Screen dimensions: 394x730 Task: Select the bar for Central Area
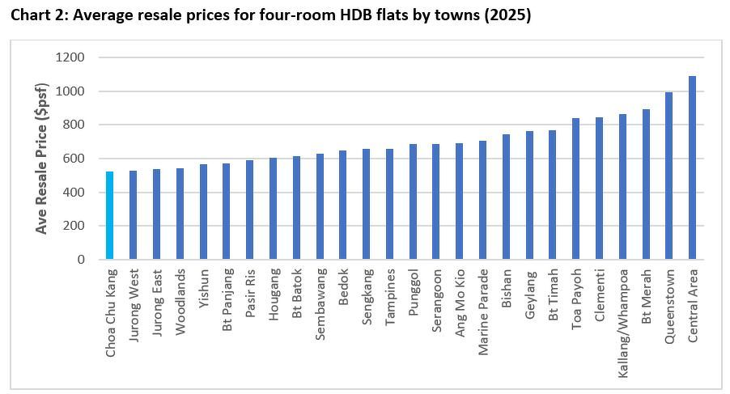[x=693, y=167]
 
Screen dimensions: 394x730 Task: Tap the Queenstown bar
[x=669, y=176]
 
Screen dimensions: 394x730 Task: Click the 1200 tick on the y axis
[x=70, y=57]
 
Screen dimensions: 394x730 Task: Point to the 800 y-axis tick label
[x=74, y=125]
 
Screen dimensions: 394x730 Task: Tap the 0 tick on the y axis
[x=81, y=260]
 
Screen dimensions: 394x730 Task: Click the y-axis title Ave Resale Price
[x=42, y=159]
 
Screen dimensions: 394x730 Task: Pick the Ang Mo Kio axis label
[x=460, y=301]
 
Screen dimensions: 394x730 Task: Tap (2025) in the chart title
[x=508, y=15]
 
